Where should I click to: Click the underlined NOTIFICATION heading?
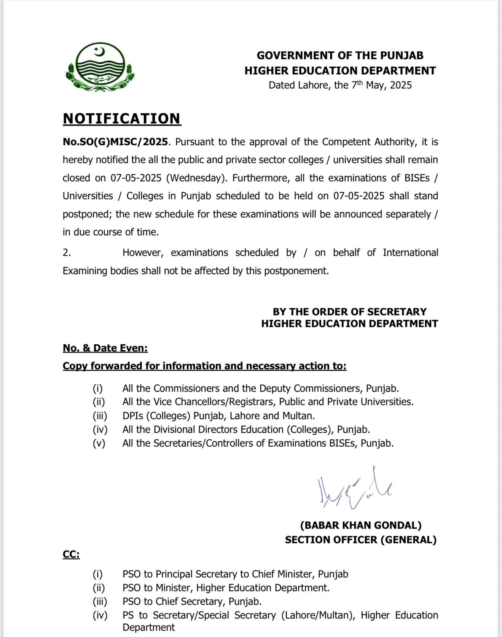coord(122,118)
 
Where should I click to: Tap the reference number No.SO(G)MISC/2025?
coord(115,142)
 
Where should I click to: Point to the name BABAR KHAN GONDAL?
coord(361,526)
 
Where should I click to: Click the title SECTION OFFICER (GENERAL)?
coord(360,540)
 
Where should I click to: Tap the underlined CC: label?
coord(71,555)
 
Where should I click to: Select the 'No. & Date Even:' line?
coord(105,348)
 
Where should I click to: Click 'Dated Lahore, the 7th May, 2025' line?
coord(340,85)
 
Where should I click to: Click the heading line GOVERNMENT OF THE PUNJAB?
coord(340,56)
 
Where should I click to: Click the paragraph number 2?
coord(67,253)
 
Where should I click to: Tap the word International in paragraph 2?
coord(410,253)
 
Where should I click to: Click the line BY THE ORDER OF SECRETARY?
coord(349,312)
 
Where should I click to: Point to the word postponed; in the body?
coord(86,214)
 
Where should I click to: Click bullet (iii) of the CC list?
coord(100,602)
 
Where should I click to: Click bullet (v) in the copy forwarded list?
coord(99,443)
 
